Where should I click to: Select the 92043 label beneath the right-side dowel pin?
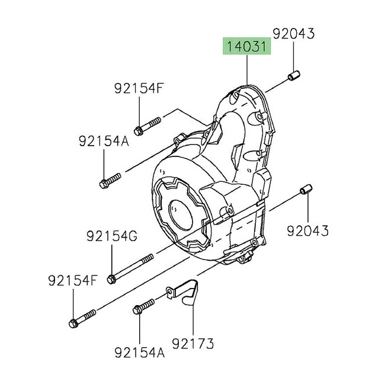(308, 230)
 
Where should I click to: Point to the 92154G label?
(111, 237)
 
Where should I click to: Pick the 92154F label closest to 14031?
(138, 89)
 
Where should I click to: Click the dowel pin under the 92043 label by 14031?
(293, 77)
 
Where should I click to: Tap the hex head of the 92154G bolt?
(112, 278)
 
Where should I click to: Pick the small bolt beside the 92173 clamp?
(144, 306)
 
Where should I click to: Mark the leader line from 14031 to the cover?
(247, 71)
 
